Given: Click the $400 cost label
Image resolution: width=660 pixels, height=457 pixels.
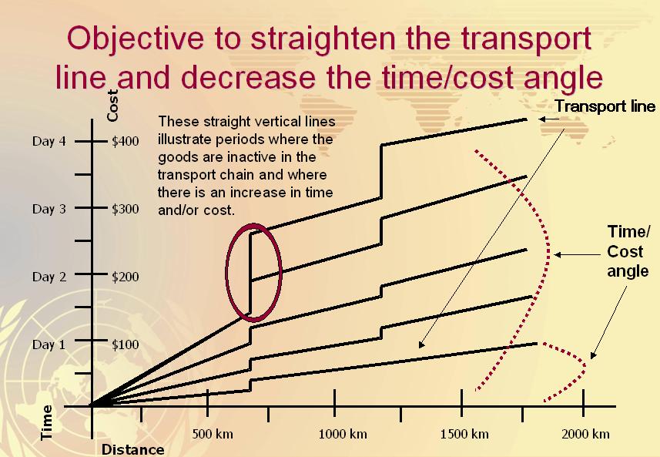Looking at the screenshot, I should coord(125,143).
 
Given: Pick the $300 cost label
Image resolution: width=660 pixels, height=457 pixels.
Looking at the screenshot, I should coord(125,210).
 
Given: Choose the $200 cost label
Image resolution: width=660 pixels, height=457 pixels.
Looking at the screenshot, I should coord(125,277).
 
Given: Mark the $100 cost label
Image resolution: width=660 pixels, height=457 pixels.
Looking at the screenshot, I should coord(125,344).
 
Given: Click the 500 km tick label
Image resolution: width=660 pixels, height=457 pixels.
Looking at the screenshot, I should coord(213,434).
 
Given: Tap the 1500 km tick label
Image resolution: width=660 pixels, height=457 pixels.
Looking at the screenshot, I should coord(464,434).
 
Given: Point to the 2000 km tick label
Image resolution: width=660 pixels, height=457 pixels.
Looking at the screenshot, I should coord(585,434).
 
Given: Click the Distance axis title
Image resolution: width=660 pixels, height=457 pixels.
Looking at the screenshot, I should coord(133,449).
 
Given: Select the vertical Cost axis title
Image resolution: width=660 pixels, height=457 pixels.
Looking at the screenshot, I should coord(113,105).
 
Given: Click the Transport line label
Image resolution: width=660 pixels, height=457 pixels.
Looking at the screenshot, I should coord(605,106).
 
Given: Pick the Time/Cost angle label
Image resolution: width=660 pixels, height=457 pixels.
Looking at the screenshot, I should coord(628,251).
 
